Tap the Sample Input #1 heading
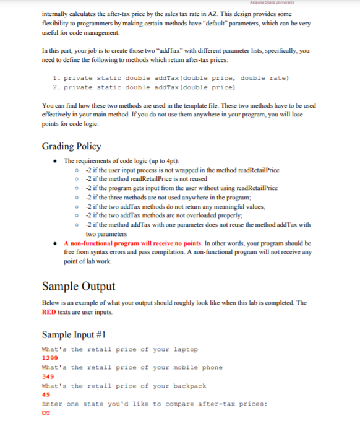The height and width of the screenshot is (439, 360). coord(76,335)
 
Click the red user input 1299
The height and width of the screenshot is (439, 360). coord(49,359)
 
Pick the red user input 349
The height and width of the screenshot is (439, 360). coord(47,376)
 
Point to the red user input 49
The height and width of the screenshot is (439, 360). coord(45,395)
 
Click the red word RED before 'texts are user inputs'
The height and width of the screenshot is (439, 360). coord(50,312)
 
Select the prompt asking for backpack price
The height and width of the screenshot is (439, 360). coord(124,386)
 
